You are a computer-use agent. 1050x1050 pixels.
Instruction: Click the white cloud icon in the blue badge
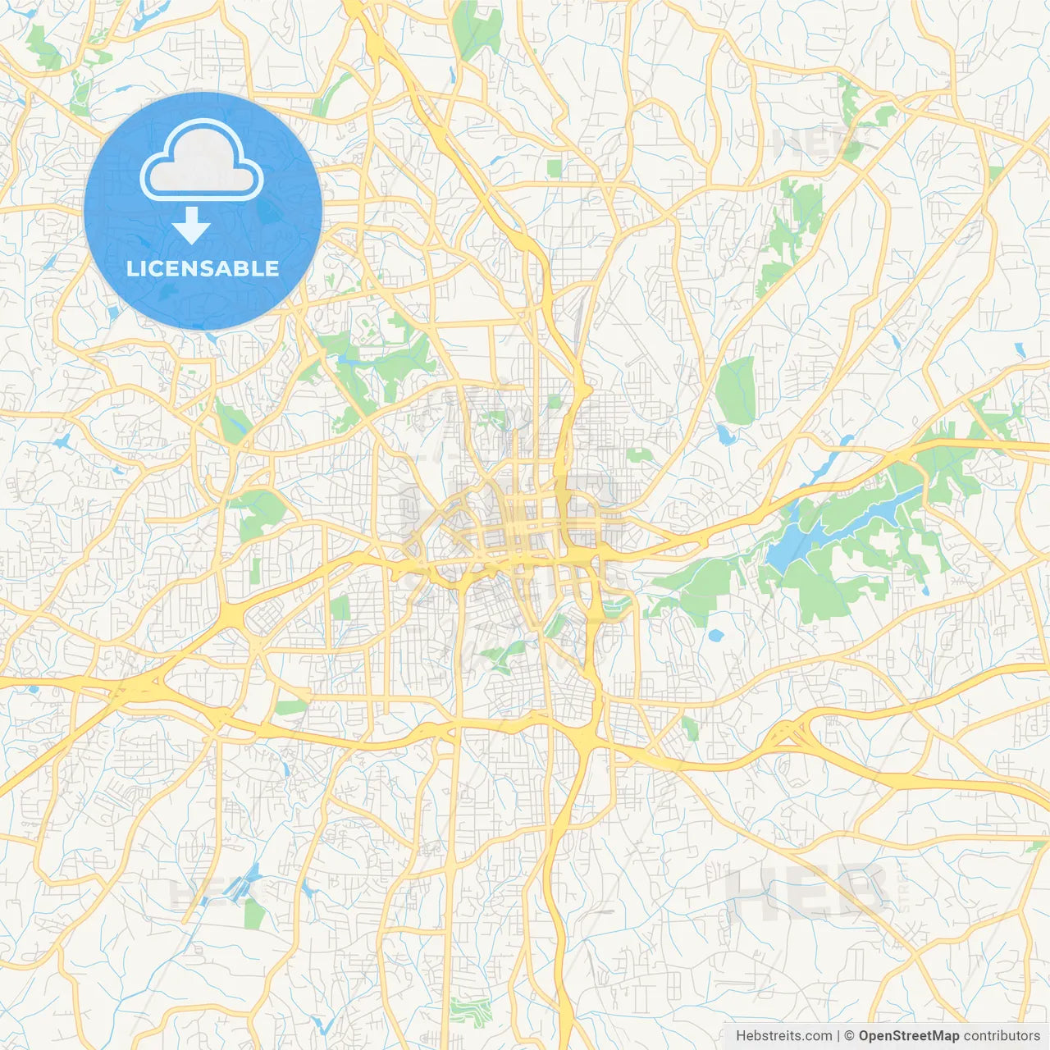tap(202, 159)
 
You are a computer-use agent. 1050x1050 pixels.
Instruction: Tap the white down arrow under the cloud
tap(191, 226)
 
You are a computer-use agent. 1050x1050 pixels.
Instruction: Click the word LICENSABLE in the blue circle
tap(203, 268)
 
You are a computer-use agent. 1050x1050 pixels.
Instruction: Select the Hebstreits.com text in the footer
tap(783, 1036)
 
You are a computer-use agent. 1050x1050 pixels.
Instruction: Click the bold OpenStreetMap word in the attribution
tap(908, 1036)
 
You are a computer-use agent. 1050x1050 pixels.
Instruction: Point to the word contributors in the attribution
tap(1002, 1036)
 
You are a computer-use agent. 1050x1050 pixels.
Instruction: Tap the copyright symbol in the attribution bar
tap(849, 1036)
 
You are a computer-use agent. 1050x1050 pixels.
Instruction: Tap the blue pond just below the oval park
tap(725, 435)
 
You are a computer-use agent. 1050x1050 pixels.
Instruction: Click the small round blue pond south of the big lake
tap(715, 635)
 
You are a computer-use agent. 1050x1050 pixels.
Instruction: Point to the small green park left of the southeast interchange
tap(690, 728)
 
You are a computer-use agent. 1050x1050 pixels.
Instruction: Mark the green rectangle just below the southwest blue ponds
tap(255, 912)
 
